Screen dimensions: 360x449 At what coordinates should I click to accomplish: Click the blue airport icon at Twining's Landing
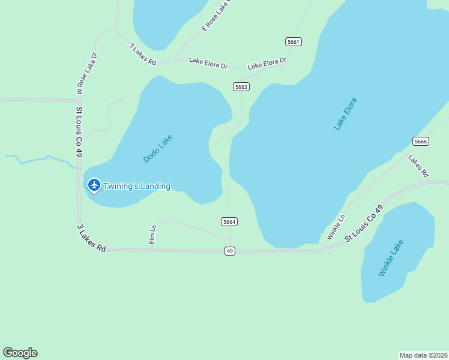tap(94, 185)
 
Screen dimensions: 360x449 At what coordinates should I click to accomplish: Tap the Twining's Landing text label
tap(137, 186)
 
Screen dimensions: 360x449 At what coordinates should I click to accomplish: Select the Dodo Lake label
tap(158, 149)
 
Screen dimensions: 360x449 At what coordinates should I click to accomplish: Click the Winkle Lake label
tap(391, 258)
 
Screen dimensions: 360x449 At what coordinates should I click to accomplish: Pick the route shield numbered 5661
tap(293, 41)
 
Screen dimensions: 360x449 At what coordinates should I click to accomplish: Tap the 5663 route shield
tap(241, 87)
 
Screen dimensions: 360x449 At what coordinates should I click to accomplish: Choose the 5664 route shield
tap(229, 221)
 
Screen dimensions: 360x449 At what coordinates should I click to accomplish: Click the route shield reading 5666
tap(421, 141)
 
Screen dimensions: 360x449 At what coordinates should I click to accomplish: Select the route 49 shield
tap(230, 251)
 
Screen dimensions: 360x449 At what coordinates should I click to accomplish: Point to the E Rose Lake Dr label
tap(217, 16)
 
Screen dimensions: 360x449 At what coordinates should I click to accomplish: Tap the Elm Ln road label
tap(153, 234)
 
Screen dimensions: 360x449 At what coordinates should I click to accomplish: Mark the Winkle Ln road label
tap(336, 227)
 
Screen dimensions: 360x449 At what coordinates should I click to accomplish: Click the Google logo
tap(20, 353)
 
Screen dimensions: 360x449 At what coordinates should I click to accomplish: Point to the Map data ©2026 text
tap(423, 355)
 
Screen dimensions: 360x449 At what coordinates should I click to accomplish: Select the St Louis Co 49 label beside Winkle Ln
tap(364, 224)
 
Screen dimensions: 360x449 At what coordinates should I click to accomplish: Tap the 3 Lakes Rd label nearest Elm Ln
tap(91, 238)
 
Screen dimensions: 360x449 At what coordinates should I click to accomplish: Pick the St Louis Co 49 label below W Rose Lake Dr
tap(79, 132)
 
